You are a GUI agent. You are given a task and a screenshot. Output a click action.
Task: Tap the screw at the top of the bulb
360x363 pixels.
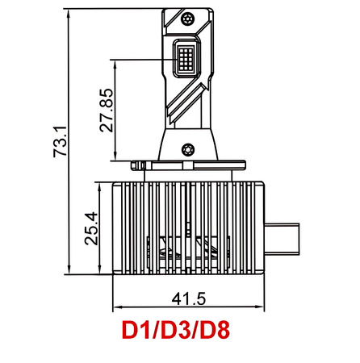pyautogui.click(x=189, y=18)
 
